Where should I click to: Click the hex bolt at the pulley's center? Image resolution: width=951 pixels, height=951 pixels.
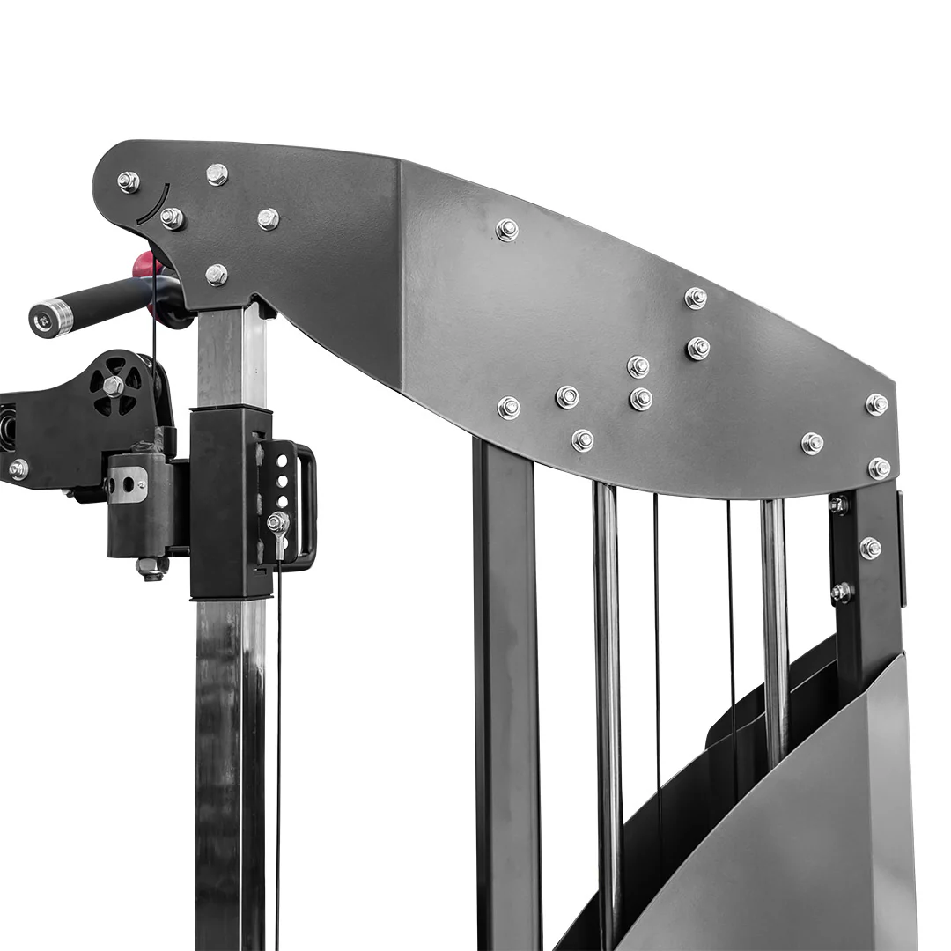pos(113,385)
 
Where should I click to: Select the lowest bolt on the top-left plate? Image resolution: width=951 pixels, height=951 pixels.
pos(216,275)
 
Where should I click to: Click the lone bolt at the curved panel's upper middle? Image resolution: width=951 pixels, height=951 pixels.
pos(506,230)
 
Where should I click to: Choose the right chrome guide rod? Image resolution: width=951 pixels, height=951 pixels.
pos(774,616)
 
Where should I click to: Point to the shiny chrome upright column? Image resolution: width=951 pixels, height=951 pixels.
pos(227,748)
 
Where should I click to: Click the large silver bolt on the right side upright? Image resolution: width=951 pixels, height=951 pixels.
pos(870,548)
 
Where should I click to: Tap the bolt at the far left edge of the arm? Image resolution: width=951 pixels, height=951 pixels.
pos(18,469)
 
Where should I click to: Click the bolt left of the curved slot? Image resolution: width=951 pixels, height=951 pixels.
pos(129,182)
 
